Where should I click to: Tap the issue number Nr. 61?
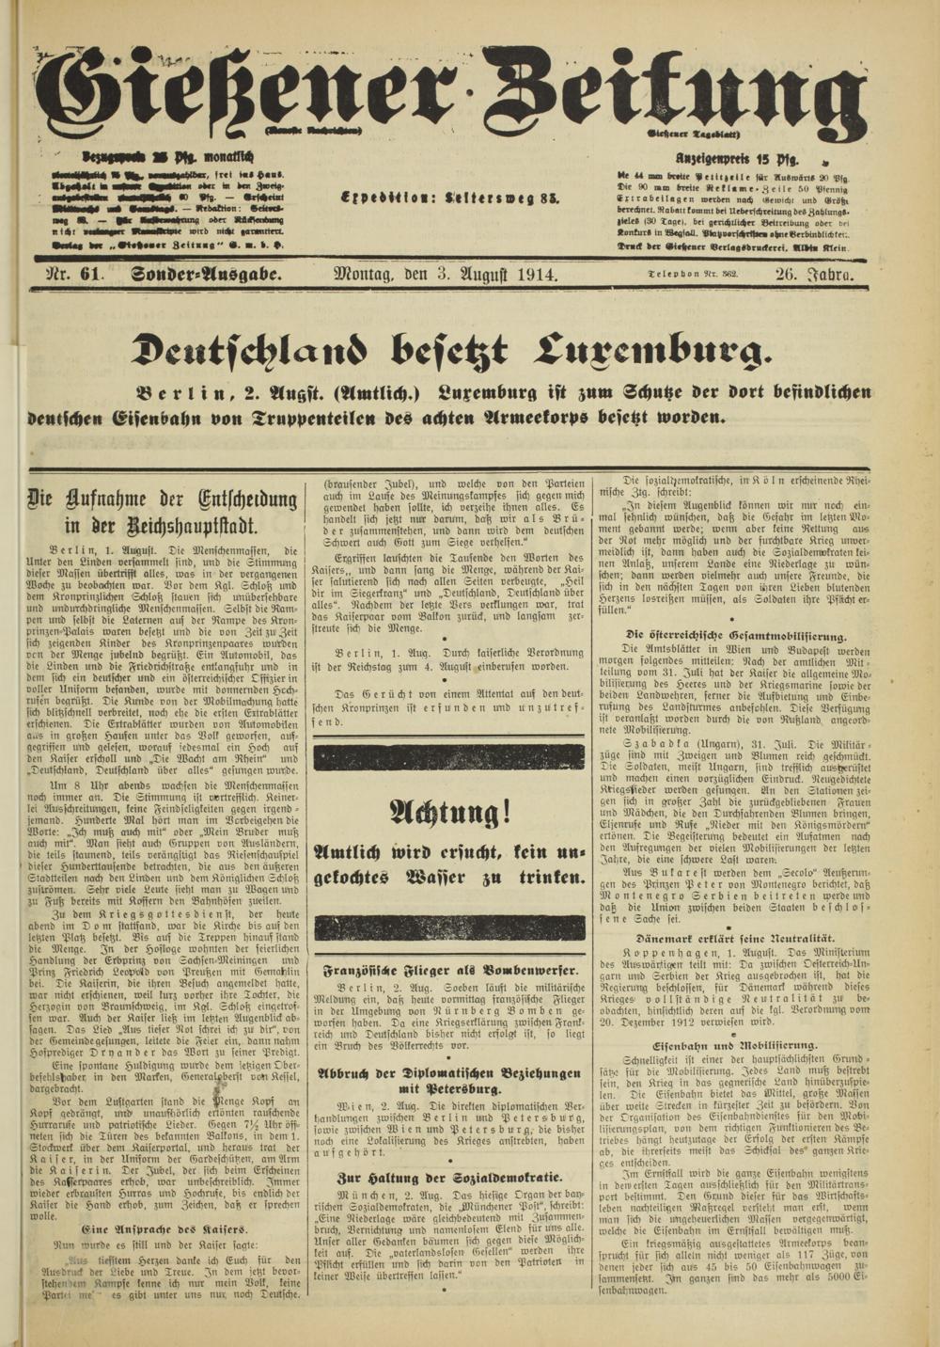coord(74,275)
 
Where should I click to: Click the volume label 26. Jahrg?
coord(814,275)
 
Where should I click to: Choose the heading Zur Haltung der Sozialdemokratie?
coord(451,1177)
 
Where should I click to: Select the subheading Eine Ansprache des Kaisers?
coord(164,1228)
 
